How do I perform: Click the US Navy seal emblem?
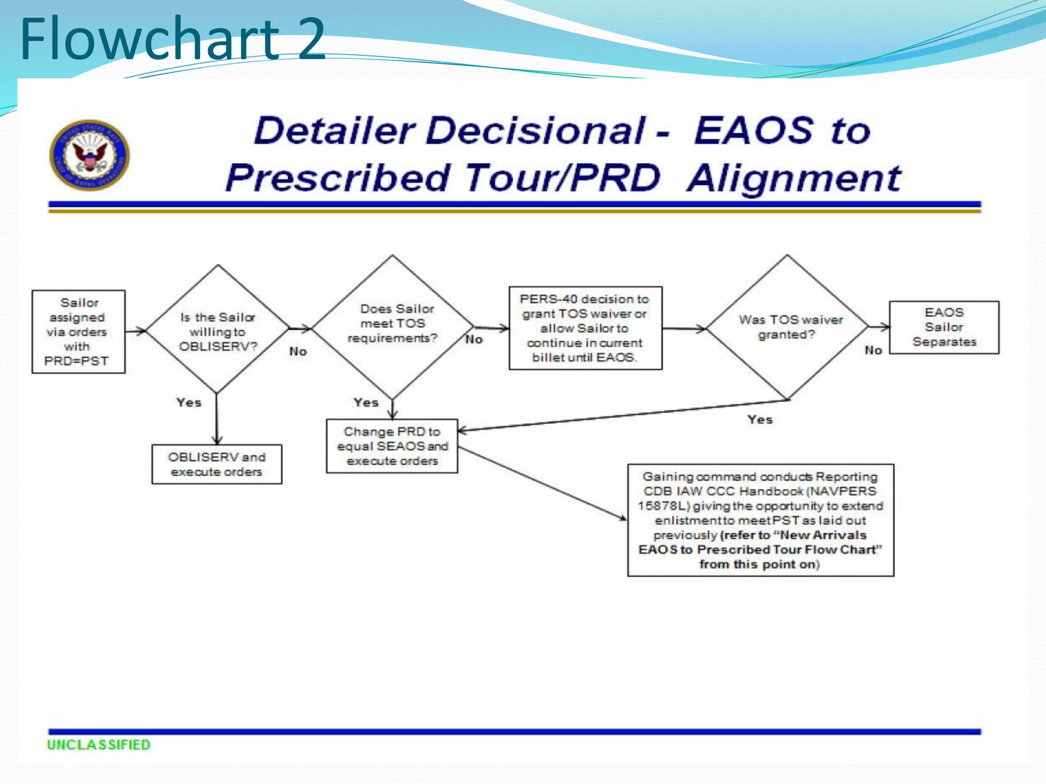[89, 155]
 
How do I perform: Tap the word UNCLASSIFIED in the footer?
[99, 745]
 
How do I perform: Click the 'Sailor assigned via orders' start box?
[78, 332]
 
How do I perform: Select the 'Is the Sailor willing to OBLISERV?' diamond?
[218, 331]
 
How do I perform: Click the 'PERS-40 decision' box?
[585, 328]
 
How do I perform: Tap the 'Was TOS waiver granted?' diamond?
[788, 327]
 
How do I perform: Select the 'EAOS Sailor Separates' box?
[944, 327]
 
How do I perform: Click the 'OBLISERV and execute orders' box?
[217, 464]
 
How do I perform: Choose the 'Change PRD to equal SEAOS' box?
[392, 446]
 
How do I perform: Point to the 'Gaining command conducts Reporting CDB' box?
[760, 520]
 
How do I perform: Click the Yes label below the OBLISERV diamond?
[189, 402]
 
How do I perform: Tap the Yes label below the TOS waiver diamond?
[760, 420]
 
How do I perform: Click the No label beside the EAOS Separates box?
[873, 350]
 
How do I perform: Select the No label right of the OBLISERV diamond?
[298, 351]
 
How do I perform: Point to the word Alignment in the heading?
[794, 178]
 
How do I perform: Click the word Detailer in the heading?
[334, 130]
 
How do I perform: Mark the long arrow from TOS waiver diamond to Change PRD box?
[623, 415]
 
